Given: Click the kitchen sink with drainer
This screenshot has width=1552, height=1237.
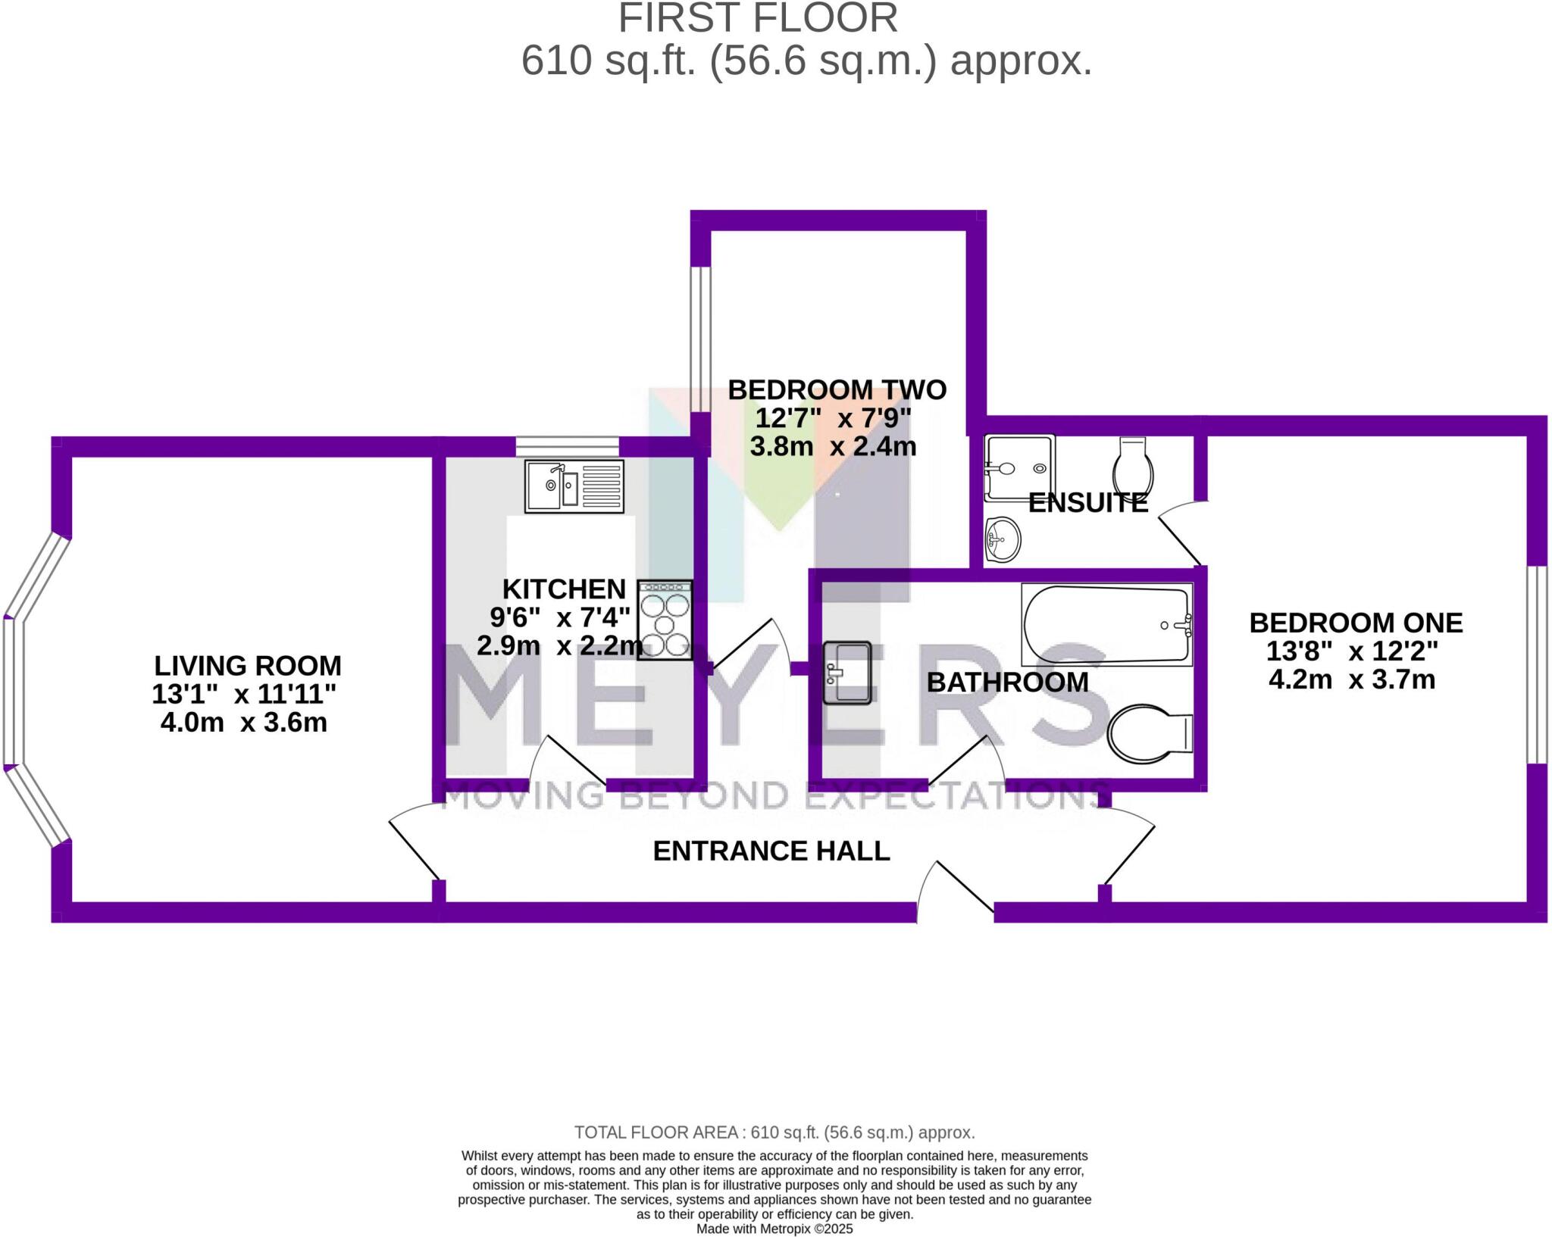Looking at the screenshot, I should point(574,486).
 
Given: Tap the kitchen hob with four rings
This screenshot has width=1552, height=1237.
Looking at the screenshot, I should point(665,620).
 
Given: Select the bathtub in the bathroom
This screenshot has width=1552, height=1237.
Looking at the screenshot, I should point(1106,624).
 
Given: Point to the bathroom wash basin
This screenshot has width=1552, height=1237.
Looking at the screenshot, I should point(846,673).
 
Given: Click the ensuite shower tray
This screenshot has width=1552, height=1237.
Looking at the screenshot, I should point(1018,468).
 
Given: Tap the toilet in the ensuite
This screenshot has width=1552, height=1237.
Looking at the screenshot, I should point(1133,465).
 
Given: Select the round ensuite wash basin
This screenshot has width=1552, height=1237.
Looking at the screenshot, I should point(1003,540).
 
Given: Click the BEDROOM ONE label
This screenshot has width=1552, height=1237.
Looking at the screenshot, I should point(1355,623).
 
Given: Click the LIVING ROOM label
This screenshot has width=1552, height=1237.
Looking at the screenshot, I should point(248,666).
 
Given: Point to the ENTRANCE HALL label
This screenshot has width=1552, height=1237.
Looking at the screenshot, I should point(771,851).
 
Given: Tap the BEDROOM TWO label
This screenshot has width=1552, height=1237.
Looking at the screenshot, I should point(837,390).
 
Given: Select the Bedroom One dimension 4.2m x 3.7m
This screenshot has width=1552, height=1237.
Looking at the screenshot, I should point(1351,679).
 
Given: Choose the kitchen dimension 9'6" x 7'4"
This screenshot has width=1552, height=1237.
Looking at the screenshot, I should point(559,617).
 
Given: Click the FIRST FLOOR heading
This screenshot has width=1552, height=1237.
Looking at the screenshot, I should point(757,18).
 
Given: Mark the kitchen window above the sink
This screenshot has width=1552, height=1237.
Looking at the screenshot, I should point(567,446).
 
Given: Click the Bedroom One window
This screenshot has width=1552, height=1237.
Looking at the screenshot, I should point(1536,664).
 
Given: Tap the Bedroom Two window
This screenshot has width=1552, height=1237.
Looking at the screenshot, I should point(700,339).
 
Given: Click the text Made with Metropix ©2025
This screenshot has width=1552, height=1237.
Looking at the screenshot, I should point(774,1229).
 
